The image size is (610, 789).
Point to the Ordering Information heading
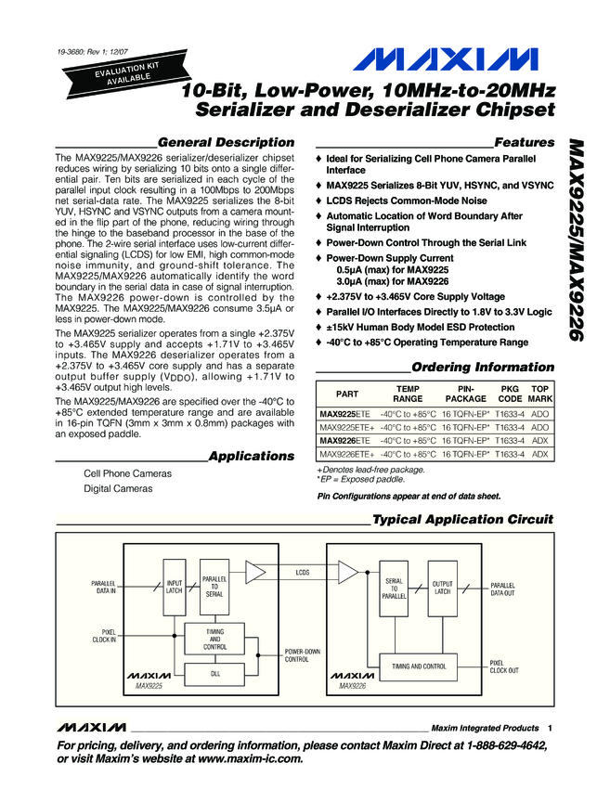click(x=482, y=367)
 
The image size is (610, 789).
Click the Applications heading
click(x=251, y=456)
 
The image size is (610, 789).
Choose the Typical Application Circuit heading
click(x=461, y=519)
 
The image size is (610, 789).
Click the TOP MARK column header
click(x=540, y=393)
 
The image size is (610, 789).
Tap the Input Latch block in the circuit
click(x=175, y=587)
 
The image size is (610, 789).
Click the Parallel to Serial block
click(x=214, y=587)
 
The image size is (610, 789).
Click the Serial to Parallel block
click(x=394, y=589)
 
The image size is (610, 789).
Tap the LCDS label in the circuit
click(x=302, y=573)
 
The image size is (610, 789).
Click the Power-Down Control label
click(x=304, y=655)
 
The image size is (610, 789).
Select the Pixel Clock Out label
click(x=504, y=666)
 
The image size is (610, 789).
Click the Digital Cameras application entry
click(x=118, y=488)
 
